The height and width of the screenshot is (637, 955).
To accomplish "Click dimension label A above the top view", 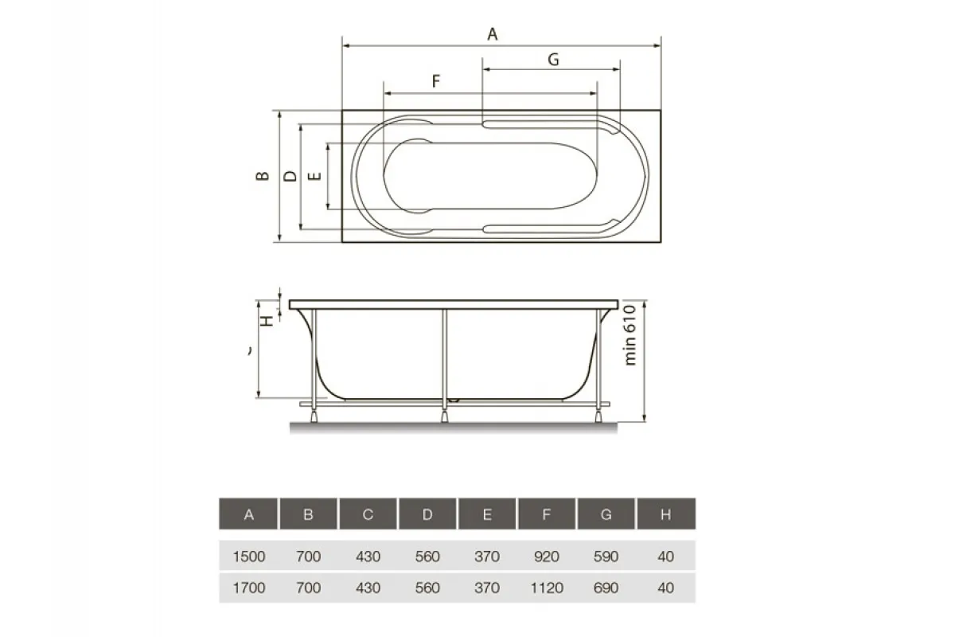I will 493,33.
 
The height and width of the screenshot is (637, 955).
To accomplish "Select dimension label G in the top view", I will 554,59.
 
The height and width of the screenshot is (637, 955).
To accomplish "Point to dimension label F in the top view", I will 435,80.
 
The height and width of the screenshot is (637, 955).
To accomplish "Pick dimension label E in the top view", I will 315,176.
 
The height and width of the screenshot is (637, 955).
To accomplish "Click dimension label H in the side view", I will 269,319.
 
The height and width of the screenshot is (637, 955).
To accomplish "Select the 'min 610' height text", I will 631,334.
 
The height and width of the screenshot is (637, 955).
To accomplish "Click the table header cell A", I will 248,514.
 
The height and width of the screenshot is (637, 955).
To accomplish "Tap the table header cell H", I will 666,514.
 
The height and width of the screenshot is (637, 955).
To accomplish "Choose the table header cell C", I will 368,514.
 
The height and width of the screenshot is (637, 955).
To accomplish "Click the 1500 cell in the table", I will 248,557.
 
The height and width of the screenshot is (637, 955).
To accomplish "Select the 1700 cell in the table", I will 248,588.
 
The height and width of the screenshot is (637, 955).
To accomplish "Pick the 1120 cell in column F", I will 547,588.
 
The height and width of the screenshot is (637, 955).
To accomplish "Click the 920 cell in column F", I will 547,557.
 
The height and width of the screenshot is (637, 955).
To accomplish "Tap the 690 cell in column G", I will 606,588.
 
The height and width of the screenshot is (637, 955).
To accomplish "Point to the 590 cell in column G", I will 606,557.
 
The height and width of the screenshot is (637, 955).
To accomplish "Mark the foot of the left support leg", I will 316,415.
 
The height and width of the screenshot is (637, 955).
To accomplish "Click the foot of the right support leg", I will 598,415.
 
